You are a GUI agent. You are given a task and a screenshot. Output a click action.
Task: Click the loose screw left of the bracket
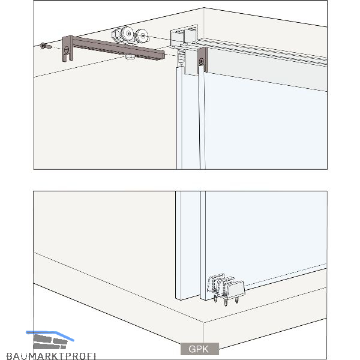click(x=46, y=46)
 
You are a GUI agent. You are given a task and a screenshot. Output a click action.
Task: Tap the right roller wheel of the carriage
click(x=142, y=36)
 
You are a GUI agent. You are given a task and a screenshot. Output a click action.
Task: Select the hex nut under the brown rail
click(x=131, y=56)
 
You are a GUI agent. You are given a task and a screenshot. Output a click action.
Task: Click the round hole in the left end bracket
click(x=67, y=49)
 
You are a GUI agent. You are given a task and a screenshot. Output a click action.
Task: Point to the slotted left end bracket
click(x=68, y=49)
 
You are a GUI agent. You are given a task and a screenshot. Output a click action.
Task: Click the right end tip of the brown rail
click(x=164, y=56)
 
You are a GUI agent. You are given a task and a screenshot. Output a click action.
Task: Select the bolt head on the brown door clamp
click(x=202, y=61)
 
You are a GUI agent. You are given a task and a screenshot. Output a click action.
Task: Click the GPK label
click(x=199, y=349)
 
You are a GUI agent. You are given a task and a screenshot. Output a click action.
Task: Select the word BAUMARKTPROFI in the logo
click(x=51, y=356)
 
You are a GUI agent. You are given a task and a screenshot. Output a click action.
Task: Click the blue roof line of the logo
click(x=50, y=335)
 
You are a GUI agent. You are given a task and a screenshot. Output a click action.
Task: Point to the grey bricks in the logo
click(x=50, y=342)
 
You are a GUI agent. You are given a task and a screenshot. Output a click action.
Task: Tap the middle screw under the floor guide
click(x=226, y=300)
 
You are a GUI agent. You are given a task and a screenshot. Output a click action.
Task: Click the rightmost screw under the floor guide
click(x=237, y=299)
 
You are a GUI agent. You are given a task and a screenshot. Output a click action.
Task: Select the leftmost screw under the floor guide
click(x=215, y=298)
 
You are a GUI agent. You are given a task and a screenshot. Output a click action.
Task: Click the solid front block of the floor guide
click(x=234, y=289)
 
